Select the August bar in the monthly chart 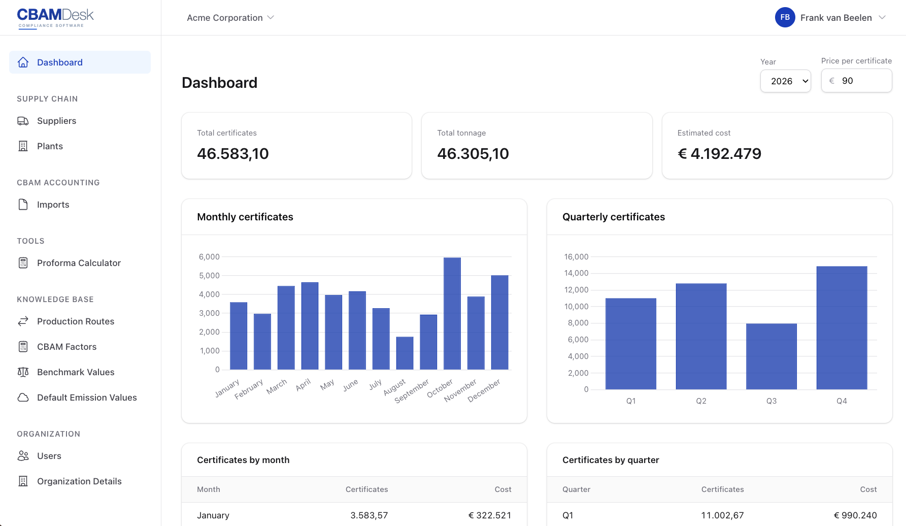point(405,353)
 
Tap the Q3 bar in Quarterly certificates point(771,356)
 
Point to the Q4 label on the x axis point(841,401)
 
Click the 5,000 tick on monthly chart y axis point(209,276)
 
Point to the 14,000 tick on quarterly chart point(576,273)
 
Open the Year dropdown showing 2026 point(785,81)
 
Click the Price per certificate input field point(863,81)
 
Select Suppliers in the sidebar point(56,121)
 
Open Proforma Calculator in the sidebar point(79,263)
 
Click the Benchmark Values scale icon point(23,372)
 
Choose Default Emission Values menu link point(87,398)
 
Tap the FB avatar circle point(785,17)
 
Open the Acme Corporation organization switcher point(230,18)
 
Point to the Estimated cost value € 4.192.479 point(719,154)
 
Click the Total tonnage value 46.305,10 point(473,154)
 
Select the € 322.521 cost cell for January point(489,515)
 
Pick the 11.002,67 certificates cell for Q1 point(722,515)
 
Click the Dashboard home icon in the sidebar point(23,62)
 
